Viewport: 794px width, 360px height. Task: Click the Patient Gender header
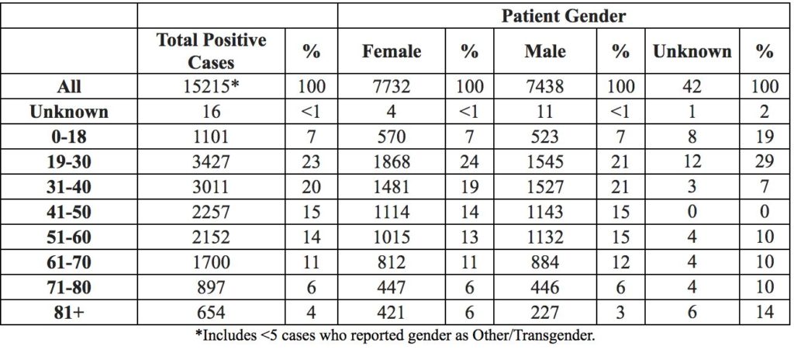coord(564,16)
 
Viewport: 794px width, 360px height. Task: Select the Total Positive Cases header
coord(211,51)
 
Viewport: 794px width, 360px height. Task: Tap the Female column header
coord(392,51)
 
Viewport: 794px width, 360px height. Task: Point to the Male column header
coord(545,51)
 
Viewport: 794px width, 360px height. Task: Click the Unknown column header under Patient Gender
coord(692,51)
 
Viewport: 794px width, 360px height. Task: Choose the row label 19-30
coord(68,161)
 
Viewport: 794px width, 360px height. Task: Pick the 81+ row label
coord(68,313)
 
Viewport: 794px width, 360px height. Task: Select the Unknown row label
coord(68,112)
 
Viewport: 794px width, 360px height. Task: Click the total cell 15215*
coord(211,86)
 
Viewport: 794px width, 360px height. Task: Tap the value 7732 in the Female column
coord(392,86)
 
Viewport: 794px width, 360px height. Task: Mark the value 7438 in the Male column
coord(545,86)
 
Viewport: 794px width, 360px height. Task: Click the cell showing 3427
coord(211,161)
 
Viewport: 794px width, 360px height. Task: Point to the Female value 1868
coord(392,161)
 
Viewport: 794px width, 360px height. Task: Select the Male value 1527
coord(545,187)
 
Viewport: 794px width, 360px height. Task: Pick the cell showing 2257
coord(211,212)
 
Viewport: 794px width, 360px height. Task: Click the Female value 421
coord(392,313)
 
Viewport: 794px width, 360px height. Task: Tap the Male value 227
coord(545,313)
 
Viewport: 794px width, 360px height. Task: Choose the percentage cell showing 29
coord(765,161)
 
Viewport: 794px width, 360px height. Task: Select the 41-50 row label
coord(68,212)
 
